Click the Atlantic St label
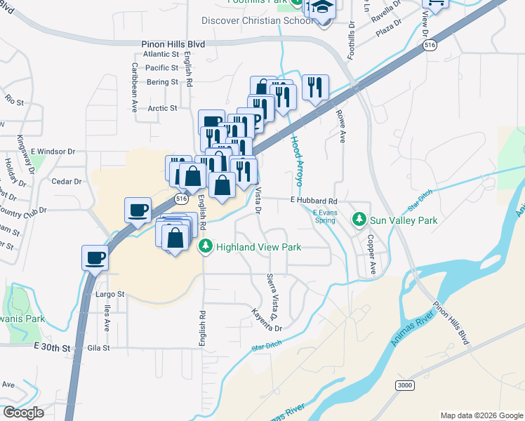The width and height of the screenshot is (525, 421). coord(161,54)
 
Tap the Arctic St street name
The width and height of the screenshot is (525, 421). coord(163,109)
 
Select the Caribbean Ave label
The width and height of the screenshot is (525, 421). coord(134,88)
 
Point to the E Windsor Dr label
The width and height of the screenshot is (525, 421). coord(53,152)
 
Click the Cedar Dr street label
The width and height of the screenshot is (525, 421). coord(67,180)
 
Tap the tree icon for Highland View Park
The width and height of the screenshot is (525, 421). coord(206,246)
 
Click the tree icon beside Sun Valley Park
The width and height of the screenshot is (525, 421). coord(360,220)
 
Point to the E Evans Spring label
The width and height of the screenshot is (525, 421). coord(324,215)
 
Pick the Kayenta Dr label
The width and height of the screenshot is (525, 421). coord(267,322)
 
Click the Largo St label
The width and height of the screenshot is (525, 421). coord(109,295)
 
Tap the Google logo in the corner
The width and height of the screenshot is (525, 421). coord(22,412)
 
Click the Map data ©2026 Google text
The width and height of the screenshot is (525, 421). coord(481,415)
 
